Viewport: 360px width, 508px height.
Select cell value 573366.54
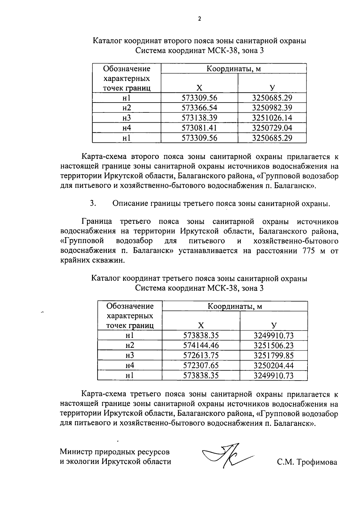click(199, 108)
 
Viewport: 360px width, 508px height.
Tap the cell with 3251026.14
click(272, 118)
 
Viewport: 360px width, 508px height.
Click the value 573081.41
click(199, 128)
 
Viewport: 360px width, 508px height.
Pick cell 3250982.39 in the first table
click(272, 108)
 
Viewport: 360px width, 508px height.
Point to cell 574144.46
click(201, 345)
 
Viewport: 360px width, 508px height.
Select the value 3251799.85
click(274, 355)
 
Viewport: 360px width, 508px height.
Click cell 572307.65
click(201, 365)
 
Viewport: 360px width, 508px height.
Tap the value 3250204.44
click(274, 365)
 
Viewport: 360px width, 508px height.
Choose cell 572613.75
click(201, 355)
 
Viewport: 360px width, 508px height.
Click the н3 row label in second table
click(130, 355)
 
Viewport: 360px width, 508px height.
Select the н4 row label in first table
click(127, 128)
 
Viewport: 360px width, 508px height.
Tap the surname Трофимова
click(317, 462)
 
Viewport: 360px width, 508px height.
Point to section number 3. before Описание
click(93, 203)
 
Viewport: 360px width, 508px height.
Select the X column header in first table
click(199, 88)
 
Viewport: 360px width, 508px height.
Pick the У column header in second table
click(274, 325)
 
